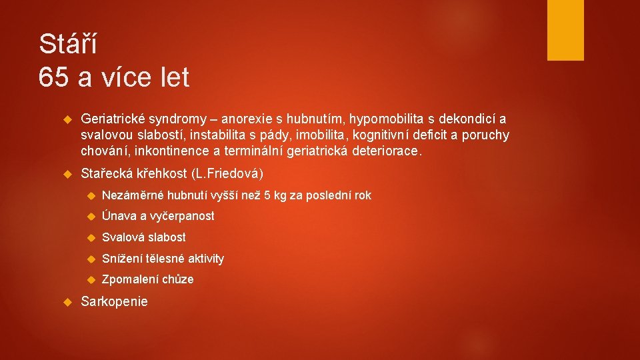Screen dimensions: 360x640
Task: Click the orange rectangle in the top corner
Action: [x=565, y=30]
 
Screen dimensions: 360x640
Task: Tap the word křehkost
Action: [x=162, y=174]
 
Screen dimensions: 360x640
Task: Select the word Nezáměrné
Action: [x=133, y=195]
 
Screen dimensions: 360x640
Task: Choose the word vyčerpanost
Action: [x=182, y=216]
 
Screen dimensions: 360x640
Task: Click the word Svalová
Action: [x=123, y=237]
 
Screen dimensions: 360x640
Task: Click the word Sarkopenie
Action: [x=114, y=301]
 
